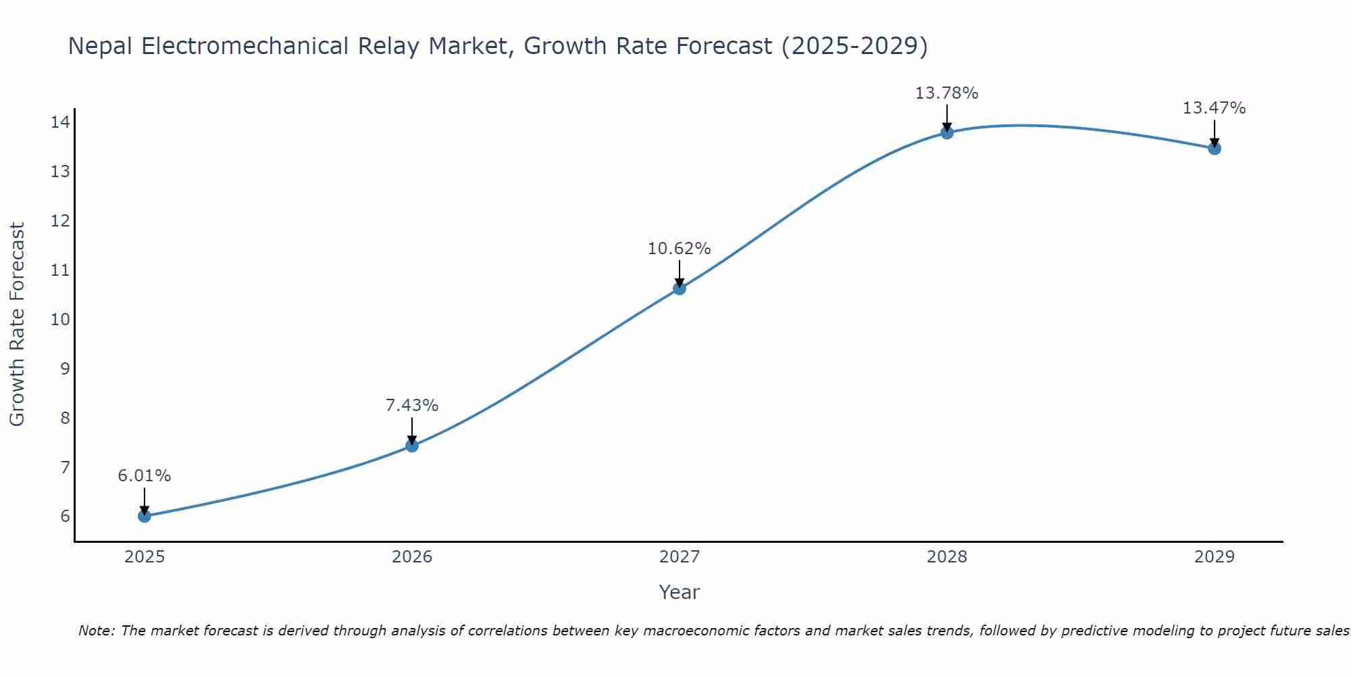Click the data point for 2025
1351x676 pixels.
[144, 516]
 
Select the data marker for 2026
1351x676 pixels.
[412, 445]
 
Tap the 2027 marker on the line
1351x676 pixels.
[680, 289]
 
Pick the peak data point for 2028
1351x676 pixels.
[947, 132]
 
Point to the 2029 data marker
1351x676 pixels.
[1215, 148]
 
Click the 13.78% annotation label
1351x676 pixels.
[946, 93]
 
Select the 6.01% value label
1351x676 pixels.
[144, 476]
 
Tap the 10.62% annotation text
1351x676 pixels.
[679, 249]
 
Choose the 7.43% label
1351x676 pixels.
[411, 406]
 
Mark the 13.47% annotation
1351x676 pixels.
[1214, 108]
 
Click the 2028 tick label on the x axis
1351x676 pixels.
[947, 557]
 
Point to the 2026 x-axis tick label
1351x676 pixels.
[412, 557]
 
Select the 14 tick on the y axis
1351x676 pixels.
[60, 122]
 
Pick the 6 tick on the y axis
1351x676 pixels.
[65, 516]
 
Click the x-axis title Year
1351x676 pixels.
[679, 592]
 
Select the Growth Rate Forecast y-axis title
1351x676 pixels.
[17, 324]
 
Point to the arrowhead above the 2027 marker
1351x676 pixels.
[680, 283]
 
